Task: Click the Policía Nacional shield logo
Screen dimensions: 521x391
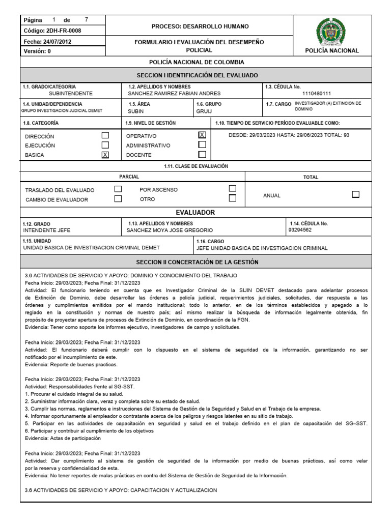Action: pyautogui.click(x=331, y=31)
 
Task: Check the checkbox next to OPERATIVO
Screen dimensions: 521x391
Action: pyautogui.click(x=202, y=135)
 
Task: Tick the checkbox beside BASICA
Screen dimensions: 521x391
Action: pyautogui.click(x=105, y=155)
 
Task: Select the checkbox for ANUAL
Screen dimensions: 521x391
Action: pyautogui.click(x=356, y=194)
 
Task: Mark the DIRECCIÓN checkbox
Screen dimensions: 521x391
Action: pyautogui.click(x=105, y=136)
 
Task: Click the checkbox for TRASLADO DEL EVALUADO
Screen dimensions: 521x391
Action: pyautogui.click(x=118, y=189)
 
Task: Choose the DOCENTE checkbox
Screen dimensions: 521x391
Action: pyautogui.click(x=202, y=154)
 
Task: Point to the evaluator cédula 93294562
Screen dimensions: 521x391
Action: pyautogui.click(x=300, y=230)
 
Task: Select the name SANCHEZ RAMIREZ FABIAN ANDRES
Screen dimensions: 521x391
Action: pyautogui.click(x=174, y=94)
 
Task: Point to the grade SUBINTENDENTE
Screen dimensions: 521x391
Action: pyautogui.click(x=71, y=94)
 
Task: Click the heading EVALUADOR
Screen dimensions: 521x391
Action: pyautogui.click(x=195, y=212)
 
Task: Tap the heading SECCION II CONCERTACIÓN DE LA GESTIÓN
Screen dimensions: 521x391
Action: pyautogui.click(x=197, y=262)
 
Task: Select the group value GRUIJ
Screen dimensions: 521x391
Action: pyautogui.click(x=204, y=111)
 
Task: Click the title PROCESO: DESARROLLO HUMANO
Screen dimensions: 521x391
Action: pyautogui.click(x=200, y=26)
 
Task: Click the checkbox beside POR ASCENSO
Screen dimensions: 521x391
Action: pyautogui.click(x=233, y=189)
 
